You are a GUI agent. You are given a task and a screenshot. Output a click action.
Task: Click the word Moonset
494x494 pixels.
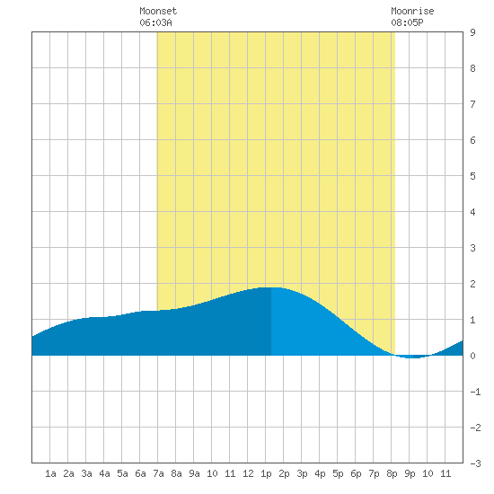[x=158, y=11]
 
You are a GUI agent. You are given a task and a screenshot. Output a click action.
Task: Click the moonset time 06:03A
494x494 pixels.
[x=155, y=22]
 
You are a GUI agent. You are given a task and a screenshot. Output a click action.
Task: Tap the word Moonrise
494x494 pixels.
[x=412, y=11]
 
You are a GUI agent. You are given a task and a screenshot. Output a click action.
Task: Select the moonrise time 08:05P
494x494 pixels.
[x=407, y=22]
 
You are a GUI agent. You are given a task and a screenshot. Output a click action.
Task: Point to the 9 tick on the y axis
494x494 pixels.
[x=472, y=32]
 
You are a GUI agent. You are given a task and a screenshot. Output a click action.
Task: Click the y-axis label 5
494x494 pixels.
[x=472, y=176]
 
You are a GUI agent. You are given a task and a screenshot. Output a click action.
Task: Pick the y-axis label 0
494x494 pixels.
[x=472, y=356]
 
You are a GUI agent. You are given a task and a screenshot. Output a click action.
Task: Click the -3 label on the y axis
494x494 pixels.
[x=475, y=463]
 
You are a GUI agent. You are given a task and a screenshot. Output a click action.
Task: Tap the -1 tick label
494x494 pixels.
[x=475, y=392]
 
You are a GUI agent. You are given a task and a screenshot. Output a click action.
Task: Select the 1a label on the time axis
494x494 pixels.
[x=50, y=473]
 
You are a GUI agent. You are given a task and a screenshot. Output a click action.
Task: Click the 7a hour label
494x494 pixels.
[x=158, y=473]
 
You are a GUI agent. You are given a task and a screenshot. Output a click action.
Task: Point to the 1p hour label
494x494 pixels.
[x=266, y=473]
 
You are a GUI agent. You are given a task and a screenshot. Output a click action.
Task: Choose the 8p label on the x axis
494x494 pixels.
[x=392, y=473]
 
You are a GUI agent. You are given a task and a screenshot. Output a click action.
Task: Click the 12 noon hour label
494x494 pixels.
[x=248, y=473]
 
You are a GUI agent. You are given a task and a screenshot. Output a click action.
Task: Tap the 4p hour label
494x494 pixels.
[x=320, y=473]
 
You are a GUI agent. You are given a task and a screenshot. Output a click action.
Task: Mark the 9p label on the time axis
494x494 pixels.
[x=410, y=473]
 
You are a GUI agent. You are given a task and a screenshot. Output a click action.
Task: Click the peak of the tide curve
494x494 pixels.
[x=271, y=287]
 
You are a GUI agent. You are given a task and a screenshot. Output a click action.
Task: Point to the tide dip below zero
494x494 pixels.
[x=412, y=357]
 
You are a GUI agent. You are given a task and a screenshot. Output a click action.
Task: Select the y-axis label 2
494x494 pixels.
[x=472, y=284]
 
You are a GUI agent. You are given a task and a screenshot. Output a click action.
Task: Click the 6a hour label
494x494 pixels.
[x=140, y=473]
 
